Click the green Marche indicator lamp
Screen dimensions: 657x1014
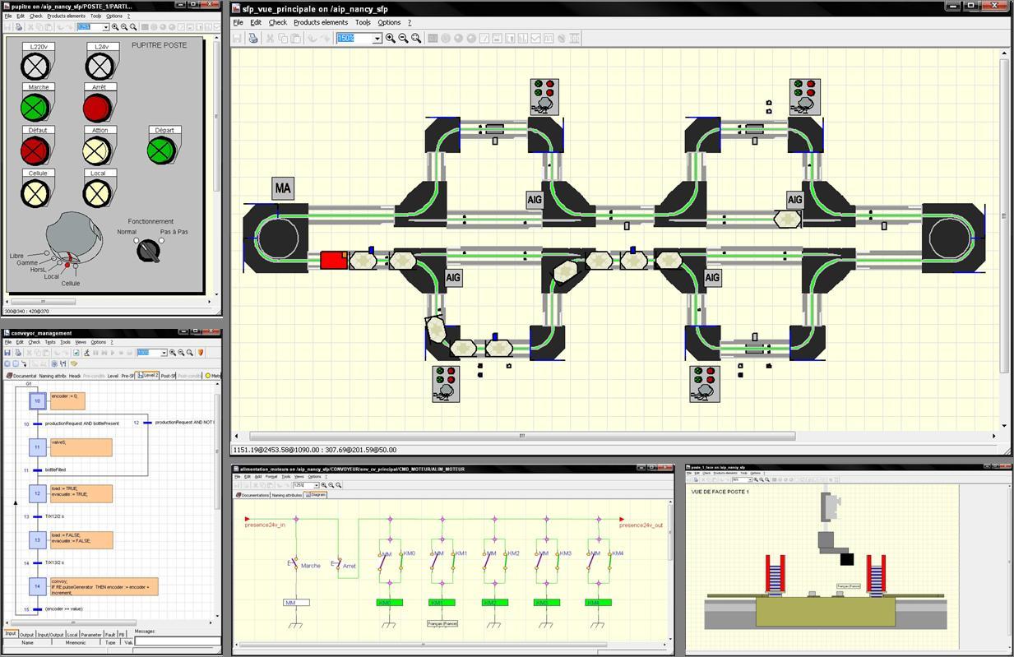pos(36,107)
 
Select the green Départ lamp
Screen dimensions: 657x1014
pos(162,150)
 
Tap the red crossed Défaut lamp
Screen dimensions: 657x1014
pos(36,150)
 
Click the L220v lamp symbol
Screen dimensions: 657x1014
pos(36,64)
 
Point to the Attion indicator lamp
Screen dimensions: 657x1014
pos(98,150)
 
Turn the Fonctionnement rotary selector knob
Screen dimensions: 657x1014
pos(149,250)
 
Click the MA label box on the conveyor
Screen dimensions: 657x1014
pos(283,188)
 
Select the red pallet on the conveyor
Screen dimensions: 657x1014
pos(333,260)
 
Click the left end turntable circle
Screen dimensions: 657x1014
pos(275,238)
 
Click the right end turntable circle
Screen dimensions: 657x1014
pos(952,238)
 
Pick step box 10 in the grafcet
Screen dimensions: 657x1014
pos(37,400)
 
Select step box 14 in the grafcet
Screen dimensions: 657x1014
pos(37,585)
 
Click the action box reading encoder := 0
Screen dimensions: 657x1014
pos(67,400)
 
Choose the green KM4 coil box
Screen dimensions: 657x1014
pos(595,603)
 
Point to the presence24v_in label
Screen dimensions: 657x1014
pos(266,525)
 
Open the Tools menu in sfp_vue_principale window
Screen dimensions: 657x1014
pos(363,22)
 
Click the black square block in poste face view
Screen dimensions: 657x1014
pos(846,560)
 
